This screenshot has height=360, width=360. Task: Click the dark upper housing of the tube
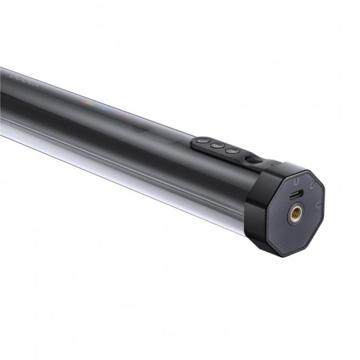[102, 102]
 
